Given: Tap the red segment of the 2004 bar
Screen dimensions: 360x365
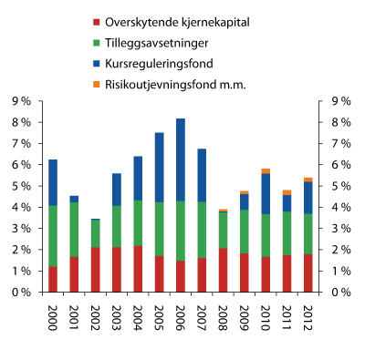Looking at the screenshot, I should coord(138,269).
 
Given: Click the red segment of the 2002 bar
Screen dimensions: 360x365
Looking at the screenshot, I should coord(96,270).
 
